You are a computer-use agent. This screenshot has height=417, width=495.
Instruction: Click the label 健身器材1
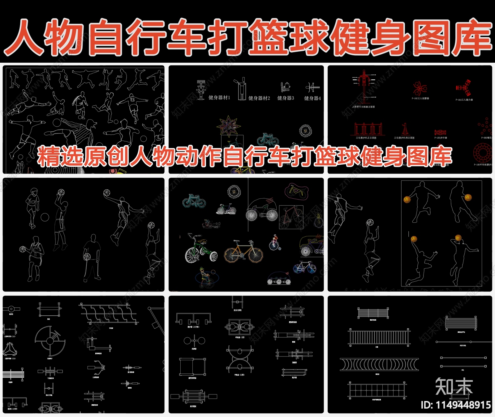click(219, 98)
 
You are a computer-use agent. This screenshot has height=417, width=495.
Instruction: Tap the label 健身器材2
click(259, 98)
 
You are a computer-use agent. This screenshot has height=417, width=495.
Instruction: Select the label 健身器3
click(286, 98)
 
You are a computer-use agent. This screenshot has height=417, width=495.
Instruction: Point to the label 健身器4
click(312, 98)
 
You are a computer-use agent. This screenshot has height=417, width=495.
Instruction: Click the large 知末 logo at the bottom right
click(454, 387)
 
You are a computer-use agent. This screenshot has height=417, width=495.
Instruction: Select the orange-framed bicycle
click(243, 252)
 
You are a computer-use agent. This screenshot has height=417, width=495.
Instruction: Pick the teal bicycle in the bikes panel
click(194, 201)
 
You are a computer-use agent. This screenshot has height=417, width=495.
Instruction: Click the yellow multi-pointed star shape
click(228, 126)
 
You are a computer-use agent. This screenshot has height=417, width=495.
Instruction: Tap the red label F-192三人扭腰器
click(420, 99)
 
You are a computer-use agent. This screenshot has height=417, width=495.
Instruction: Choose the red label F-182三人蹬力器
click(464, 100)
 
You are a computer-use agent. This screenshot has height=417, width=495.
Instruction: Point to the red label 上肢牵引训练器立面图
click(363, 107)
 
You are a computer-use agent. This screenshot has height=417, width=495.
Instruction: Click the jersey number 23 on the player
click(132, 100)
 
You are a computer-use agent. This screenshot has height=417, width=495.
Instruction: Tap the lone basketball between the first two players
click(45, 217)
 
